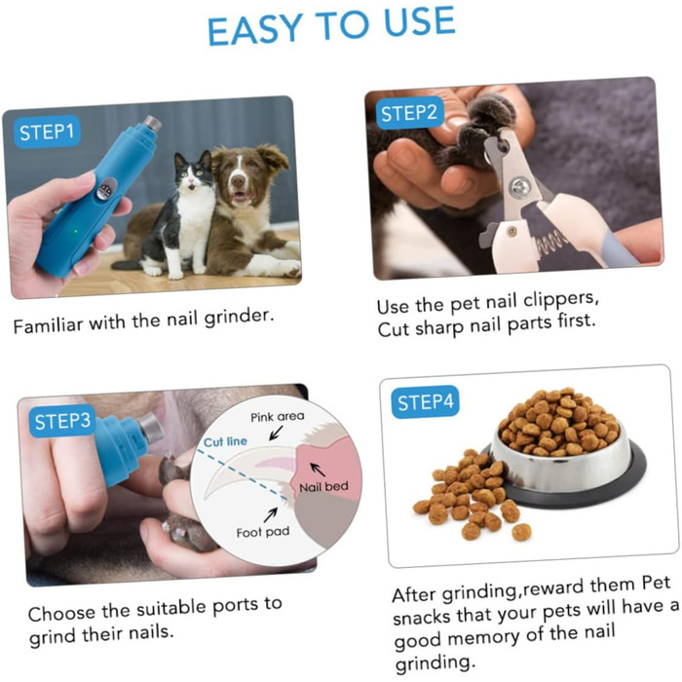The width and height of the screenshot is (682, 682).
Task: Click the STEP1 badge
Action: click(x=47, y=132)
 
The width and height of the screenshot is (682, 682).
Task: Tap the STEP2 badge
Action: click(x=409, y=113)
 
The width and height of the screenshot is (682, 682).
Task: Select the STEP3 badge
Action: click(x=62, y=421)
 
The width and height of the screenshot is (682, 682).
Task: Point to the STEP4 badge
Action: click(x=425, y=401)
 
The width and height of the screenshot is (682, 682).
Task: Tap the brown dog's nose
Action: click(x=238, y=180)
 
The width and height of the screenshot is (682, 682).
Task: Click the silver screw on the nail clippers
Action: click(x=520, y=188)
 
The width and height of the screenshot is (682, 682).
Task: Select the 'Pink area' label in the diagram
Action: click(x=277, y=417)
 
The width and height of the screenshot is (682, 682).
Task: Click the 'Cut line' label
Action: click(x=225, y=442)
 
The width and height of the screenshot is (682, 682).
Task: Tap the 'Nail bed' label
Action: click(x=324, y=487)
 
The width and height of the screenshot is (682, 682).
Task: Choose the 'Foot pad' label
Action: click(x=263, y=532)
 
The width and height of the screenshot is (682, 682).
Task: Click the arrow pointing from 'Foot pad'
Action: click(x=271, y=514)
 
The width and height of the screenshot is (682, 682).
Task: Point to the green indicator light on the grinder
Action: click(x=76, y=232)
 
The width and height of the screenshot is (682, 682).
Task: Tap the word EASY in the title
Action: click(x=255, y=29)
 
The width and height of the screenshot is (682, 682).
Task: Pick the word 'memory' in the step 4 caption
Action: click(x=483, y=638)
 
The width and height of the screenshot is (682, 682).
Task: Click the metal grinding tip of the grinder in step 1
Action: click(x=152, y=124)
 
